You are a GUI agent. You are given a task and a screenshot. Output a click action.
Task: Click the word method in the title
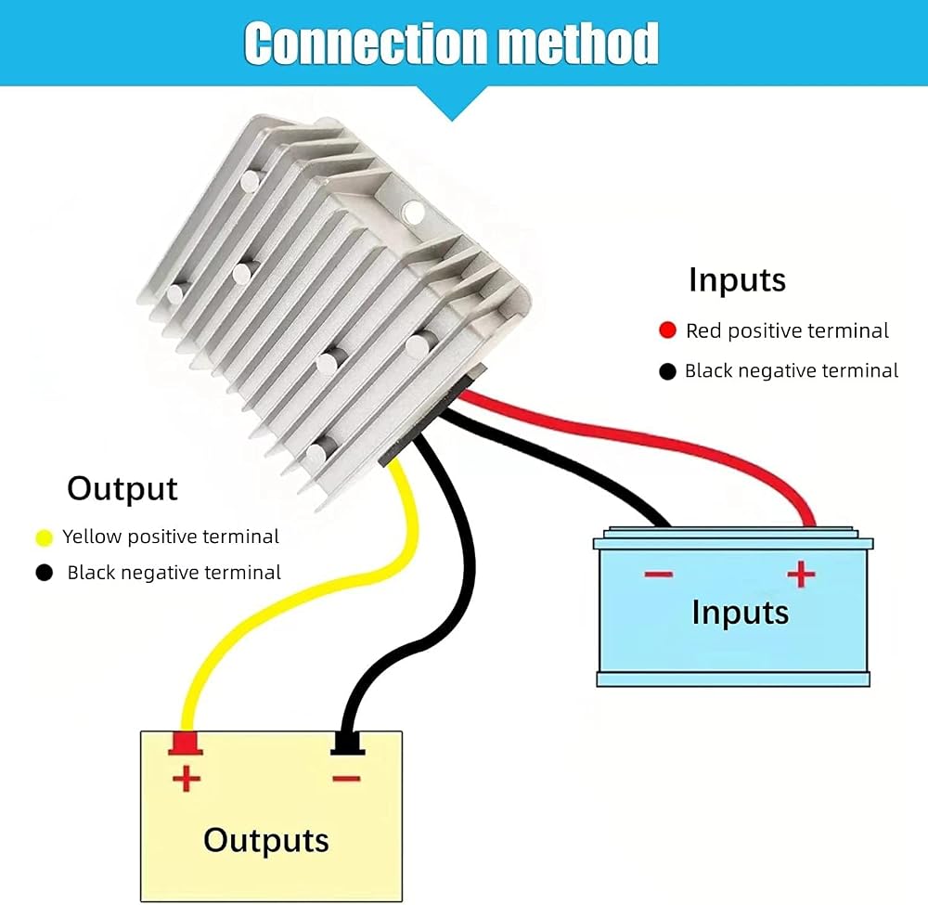[578, 43]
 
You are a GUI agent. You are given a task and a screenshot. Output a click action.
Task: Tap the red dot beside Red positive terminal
[667, 330]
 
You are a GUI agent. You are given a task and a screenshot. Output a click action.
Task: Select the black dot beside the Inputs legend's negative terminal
[667, 371]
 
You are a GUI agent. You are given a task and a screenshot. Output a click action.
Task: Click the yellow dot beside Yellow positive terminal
[45, 537]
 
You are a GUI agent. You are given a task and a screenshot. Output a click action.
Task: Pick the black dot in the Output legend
[45, 573]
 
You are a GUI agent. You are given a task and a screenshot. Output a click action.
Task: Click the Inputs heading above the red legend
[738, 280]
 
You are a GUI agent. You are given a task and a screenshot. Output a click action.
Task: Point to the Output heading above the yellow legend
[122, 489]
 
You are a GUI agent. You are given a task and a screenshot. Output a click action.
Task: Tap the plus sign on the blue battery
[801, 574]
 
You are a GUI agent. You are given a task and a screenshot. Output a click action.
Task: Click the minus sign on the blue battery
[659, 575]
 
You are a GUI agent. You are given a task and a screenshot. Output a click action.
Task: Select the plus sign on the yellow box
[187, 778]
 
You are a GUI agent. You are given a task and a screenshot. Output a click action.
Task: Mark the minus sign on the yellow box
[347, 779]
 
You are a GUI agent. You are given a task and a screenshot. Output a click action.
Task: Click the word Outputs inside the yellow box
[266, 840]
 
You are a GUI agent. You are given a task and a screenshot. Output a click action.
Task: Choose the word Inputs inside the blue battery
[741, 613]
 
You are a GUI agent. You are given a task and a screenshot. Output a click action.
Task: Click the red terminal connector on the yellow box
[186, 743]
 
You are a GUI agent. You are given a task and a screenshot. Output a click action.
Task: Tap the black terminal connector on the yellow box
[347, 743]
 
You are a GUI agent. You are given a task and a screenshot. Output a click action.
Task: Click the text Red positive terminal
[787, 330]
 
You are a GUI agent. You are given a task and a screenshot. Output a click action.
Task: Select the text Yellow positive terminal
[171, 537]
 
